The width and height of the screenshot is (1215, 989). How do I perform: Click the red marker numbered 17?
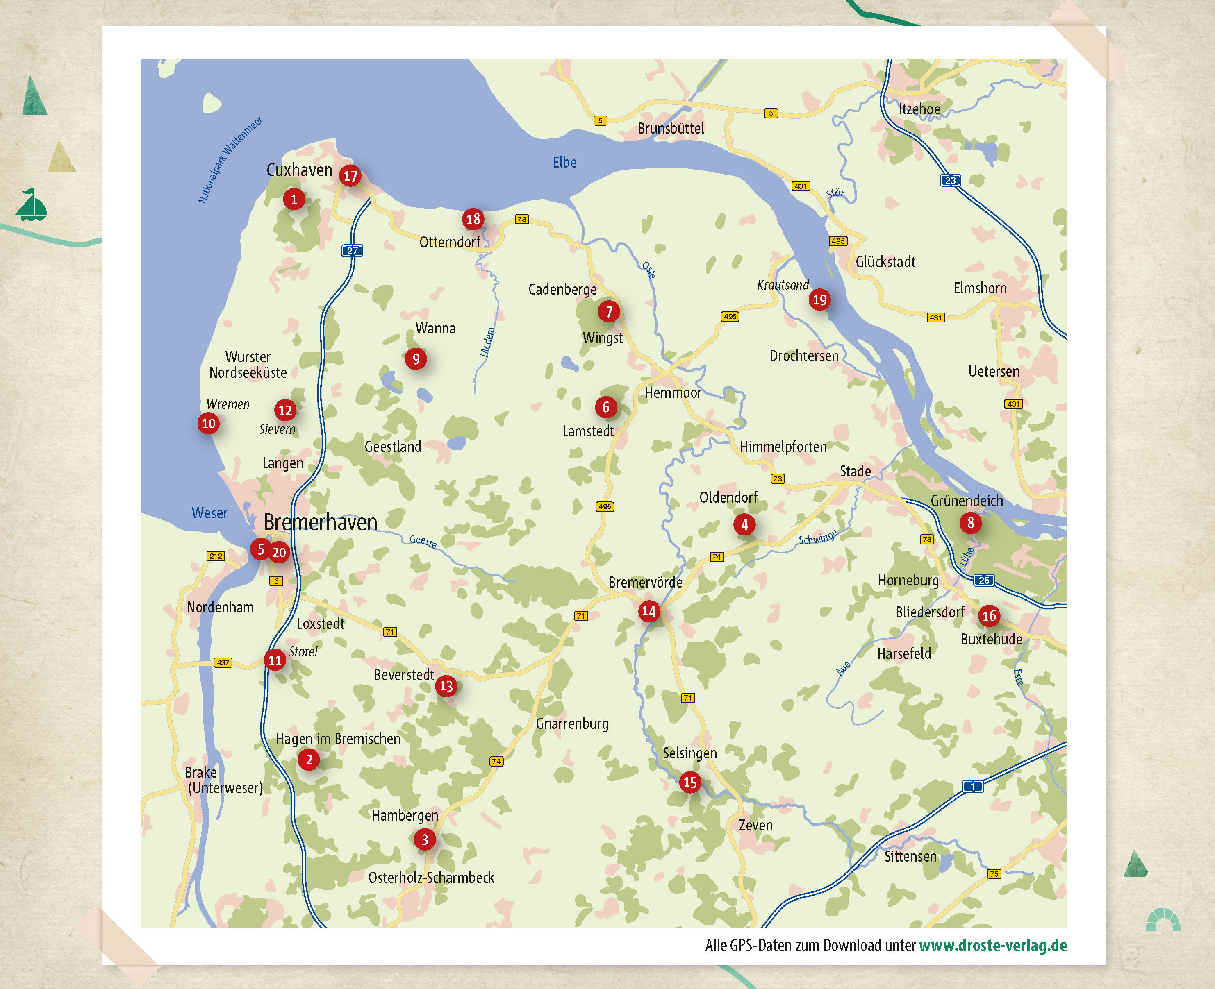click(350, 176)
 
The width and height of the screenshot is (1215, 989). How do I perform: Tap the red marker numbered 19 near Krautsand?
click(819, 299)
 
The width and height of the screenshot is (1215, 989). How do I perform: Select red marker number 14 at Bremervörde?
click(648, 611)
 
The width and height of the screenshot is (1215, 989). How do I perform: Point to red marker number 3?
click(425, 839)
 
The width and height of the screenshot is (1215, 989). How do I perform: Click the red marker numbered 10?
click(209, 423)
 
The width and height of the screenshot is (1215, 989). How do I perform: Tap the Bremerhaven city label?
click(320, 522)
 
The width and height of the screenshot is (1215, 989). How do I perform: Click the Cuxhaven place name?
click(299, 170)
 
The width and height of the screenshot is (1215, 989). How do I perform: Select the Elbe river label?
click(564, 162)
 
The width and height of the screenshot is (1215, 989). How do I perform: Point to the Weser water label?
click(209, 513)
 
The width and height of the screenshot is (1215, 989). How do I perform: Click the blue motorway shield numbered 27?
click(352, 251)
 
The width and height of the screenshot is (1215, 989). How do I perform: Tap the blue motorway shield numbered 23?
click(950, 181)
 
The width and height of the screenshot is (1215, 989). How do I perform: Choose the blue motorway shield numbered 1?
click(972, 786)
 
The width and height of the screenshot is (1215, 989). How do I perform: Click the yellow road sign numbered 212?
click(216, 556)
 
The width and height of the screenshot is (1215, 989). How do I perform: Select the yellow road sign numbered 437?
click(223, 662)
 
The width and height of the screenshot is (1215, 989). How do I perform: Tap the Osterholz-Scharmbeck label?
click(431, 877)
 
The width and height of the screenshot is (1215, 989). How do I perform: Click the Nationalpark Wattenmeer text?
click(230, 160)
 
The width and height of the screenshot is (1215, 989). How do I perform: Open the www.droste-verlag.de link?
click(993, 946)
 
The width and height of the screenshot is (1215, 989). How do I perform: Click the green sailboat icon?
click(31, 205)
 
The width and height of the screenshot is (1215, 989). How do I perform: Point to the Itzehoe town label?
click(919, 109)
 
